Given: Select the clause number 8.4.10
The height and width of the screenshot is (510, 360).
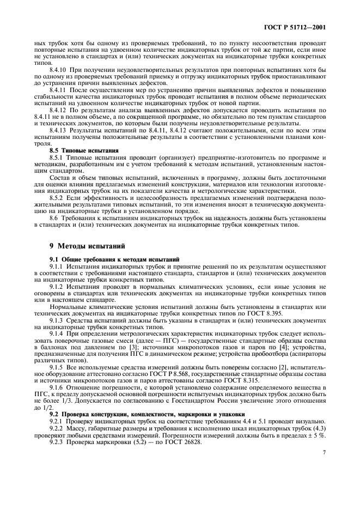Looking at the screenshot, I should click(59, 70).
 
